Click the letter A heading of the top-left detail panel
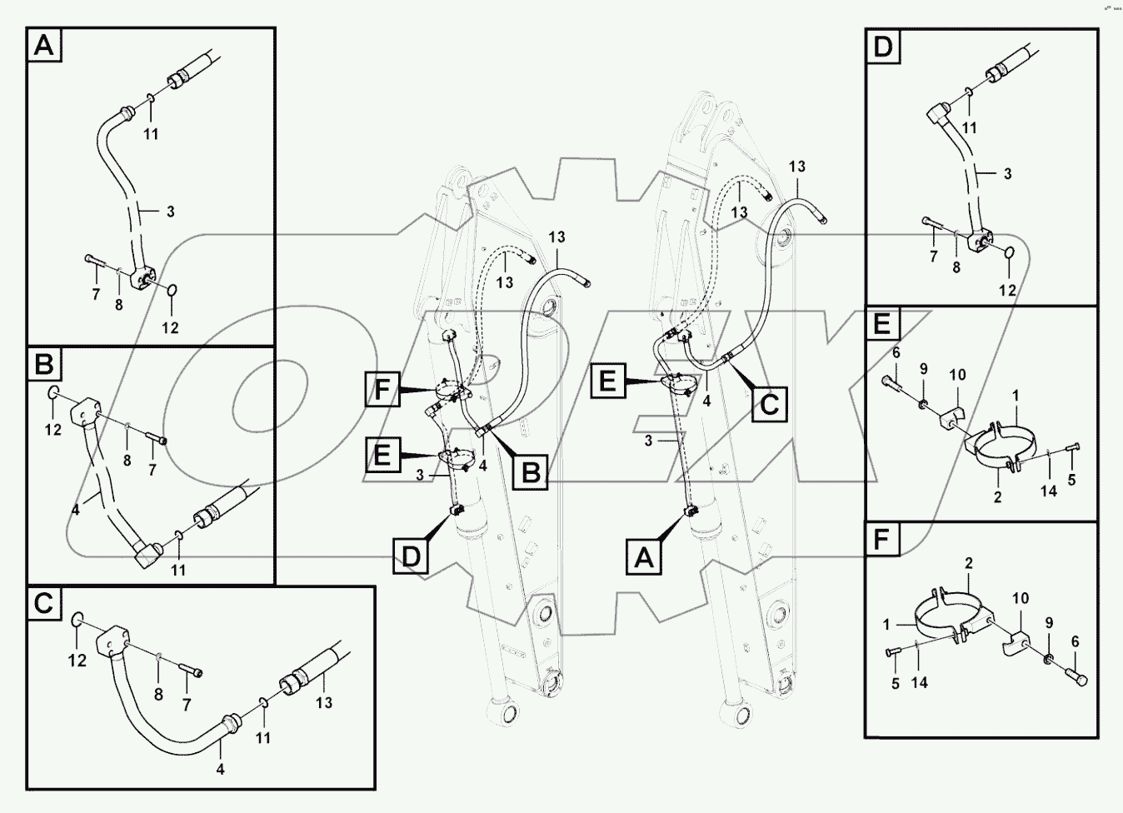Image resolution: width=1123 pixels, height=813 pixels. pos(43,46)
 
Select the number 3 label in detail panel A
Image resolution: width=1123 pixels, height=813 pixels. pos(170,212)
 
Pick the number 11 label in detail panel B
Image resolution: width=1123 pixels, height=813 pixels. pos(178,570)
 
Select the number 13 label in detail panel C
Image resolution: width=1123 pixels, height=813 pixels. pos(323,702)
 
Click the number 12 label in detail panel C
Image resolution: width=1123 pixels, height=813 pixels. pos(77,661)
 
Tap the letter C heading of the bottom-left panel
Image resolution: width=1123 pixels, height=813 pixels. pos(43,603)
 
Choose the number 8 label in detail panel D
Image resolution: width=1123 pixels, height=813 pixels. pos(956,267)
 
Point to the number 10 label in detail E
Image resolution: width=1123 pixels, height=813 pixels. pos(957,375)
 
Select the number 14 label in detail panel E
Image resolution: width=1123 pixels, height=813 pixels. pos(1048,491)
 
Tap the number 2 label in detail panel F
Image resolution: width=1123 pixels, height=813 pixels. pos(968,564)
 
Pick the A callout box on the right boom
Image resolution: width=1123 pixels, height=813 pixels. pos(644,556)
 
